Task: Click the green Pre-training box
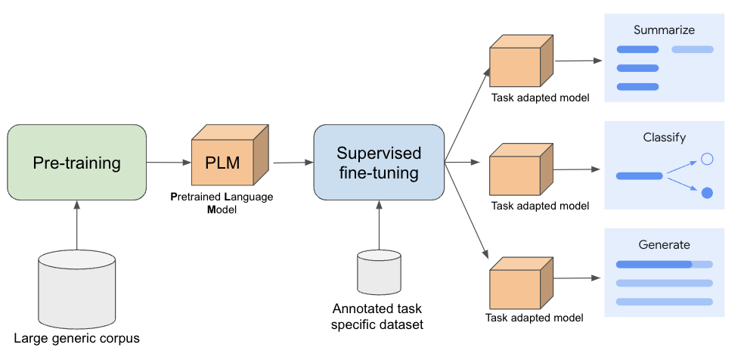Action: click(76, 163)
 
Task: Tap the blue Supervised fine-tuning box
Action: click(378, 163)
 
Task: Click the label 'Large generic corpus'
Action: click(76, 338)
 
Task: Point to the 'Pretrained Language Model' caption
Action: click(222, 203)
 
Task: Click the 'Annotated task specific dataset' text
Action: click(378, 316)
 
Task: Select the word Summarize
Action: click(664, 30)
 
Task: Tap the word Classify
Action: click(664, 138)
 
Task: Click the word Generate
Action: click(664, 244)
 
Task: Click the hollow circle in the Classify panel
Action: click(707, 159)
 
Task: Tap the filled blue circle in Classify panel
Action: click(707, 193)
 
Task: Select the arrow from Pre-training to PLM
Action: click(168, 162)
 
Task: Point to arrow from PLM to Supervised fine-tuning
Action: click(293, 162)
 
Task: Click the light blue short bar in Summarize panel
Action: click(692, 50)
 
